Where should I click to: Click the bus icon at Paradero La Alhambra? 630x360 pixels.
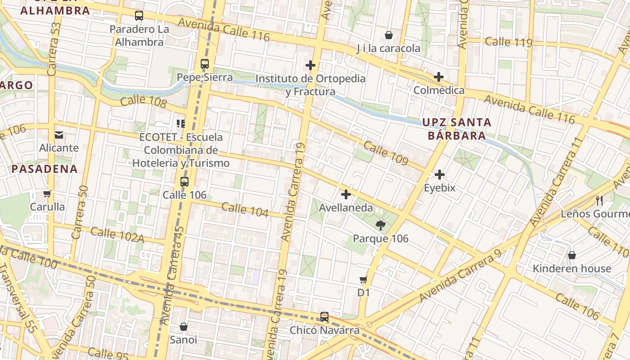[139, 16]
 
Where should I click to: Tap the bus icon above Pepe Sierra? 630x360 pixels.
[205, 64]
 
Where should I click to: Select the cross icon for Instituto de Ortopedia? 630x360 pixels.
[310, 65]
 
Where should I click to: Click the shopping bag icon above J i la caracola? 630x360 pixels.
[389, 35]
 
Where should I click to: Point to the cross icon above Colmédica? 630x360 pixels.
[439, 77]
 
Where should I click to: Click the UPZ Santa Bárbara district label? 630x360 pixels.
[456, 129]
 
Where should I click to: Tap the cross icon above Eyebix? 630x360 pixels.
[440, 175]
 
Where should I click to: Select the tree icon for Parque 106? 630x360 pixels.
[380, 225]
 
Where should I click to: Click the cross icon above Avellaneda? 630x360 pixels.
[346, 194]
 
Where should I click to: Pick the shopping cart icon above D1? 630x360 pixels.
[364, 279]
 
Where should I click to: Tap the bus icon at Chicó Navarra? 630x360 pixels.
[324, 317]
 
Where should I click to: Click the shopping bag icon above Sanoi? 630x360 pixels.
[183, 326]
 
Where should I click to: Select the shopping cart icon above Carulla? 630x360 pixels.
[47, 194]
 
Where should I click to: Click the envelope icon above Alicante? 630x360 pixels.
[59, 135]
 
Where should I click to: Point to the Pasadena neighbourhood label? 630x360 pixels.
[45, 169]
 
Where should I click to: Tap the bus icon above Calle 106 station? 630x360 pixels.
[184, 182]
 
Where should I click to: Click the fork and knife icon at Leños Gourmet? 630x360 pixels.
[599, 200]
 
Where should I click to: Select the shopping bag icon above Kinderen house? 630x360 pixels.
[571, 255]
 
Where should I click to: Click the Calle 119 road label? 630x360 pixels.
[508, 42]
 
